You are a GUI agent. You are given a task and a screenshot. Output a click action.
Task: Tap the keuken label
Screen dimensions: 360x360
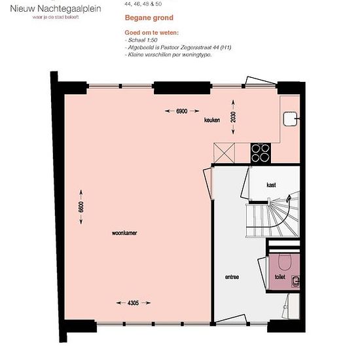tap(211, 121)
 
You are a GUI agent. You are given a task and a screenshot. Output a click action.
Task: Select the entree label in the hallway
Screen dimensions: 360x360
tap(232, 277)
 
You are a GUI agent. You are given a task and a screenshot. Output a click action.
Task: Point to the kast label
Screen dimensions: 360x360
tap(271, 185)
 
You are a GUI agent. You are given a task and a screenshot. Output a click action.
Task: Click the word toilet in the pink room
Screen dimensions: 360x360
tap(280, 277)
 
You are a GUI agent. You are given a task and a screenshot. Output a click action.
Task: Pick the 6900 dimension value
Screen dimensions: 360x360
tap(181, 111)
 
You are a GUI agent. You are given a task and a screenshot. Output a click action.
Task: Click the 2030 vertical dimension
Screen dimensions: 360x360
tap(232, 118)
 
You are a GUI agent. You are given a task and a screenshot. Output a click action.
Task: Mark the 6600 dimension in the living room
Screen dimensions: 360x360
tap(82, 208)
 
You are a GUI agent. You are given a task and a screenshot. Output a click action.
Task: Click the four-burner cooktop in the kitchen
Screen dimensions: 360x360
tap(261, 153)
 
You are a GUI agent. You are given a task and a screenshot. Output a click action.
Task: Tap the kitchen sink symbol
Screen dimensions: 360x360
tap(289, 118)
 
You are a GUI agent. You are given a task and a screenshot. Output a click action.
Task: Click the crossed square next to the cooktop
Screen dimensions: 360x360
tap(226, 153)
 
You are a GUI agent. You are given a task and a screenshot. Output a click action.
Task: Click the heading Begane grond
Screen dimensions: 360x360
tap(149, 18)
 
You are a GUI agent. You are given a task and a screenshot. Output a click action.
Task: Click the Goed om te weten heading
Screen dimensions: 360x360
tap(151, 32)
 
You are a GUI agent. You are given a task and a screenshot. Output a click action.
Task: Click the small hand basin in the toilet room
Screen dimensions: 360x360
tap(296, 281)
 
